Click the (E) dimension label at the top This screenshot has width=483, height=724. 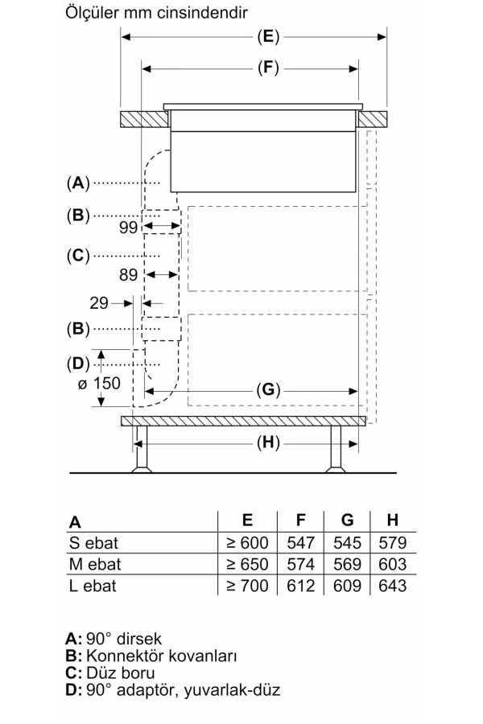point(268,36)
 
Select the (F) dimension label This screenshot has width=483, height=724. point(268,68)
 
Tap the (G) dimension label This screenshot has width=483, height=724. point(268,391)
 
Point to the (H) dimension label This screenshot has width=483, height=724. point(268,442)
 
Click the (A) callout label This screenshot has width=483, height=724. point(77,183)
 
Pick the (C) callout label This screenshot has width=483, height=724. point(77,256)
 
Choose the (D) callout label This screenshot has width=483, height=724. point(77,363)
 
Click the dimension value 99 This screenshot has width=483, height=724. point(129,228)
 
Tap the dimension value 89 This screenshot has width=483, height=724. point(129,274)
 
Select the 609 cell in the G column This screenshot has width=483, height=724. point(347,586)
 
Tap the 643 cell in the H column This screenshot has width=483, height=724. point(391,586)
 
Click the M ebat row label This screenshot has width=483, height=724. point(95,564)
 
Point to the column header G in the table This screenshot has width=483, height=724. point(348,520)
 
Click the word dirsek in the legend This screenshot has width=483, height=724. point(140,639)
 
